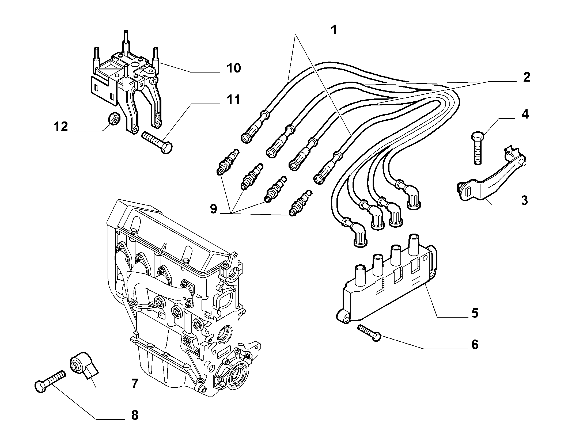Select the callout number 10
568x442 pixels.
[x=234, y=68]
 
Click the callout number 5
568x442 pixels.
[x=475, y=313]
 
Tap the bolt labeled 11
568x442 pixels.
[x=157, y=142]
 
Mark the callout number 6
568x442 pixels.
[x=475, y=345]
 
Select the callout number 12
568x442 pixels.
[x=61, y=127]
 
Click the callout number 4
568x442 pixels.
[x=525, y=115]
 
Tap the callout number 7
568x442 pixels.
[x=134, y=384]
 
